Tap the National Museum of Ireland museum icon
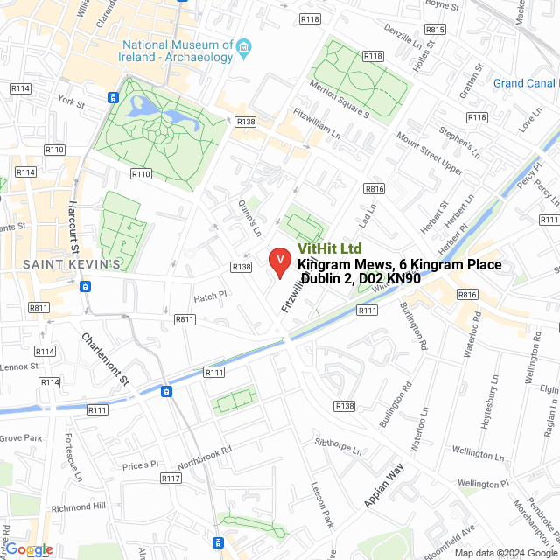tap(245, 45)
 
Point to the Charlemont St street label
tap(105, 360)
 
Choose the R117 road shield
tap(171, 479)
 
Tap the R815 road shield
tap(435, 30)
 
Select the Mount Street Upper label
tap(429, 153)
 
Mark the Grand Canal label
tap(524, 83)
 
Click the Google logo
tap(29, 549)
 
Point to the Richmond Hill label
tap(78, 507)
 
